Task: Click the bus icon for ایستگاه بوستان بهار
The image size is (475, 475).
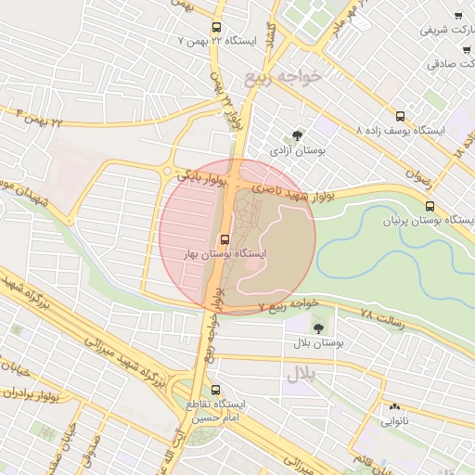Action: click(225, 239)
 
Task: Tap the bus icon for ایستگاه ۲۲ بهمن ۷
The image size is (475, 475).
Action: click(216, 28)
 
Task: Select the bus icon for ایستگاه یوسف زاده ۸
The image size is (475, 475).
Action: click(400, 117)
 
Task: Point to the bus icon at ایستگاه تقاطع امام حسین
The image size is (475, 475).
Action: click(216, 391)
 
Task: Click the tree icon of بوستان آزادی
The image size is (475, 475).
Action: click(297, 135)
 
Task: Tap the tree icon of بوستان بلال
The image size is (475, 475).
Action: click(318, 327)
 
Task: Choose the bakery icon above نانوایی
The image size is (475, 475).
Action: click(394, 406)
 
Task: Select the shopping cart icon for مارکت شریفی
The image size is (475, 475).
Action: click(458, 16)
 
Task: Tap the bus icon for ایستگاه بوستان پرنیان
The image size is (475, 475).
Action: click(467, 206)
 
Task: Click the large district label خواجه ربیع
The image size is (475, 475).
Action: click(282, 77)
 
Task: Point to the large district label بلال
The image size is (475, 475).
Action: click(302, 374)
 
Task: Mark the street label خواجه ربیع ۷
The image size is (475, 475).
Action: click(289, 303)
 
